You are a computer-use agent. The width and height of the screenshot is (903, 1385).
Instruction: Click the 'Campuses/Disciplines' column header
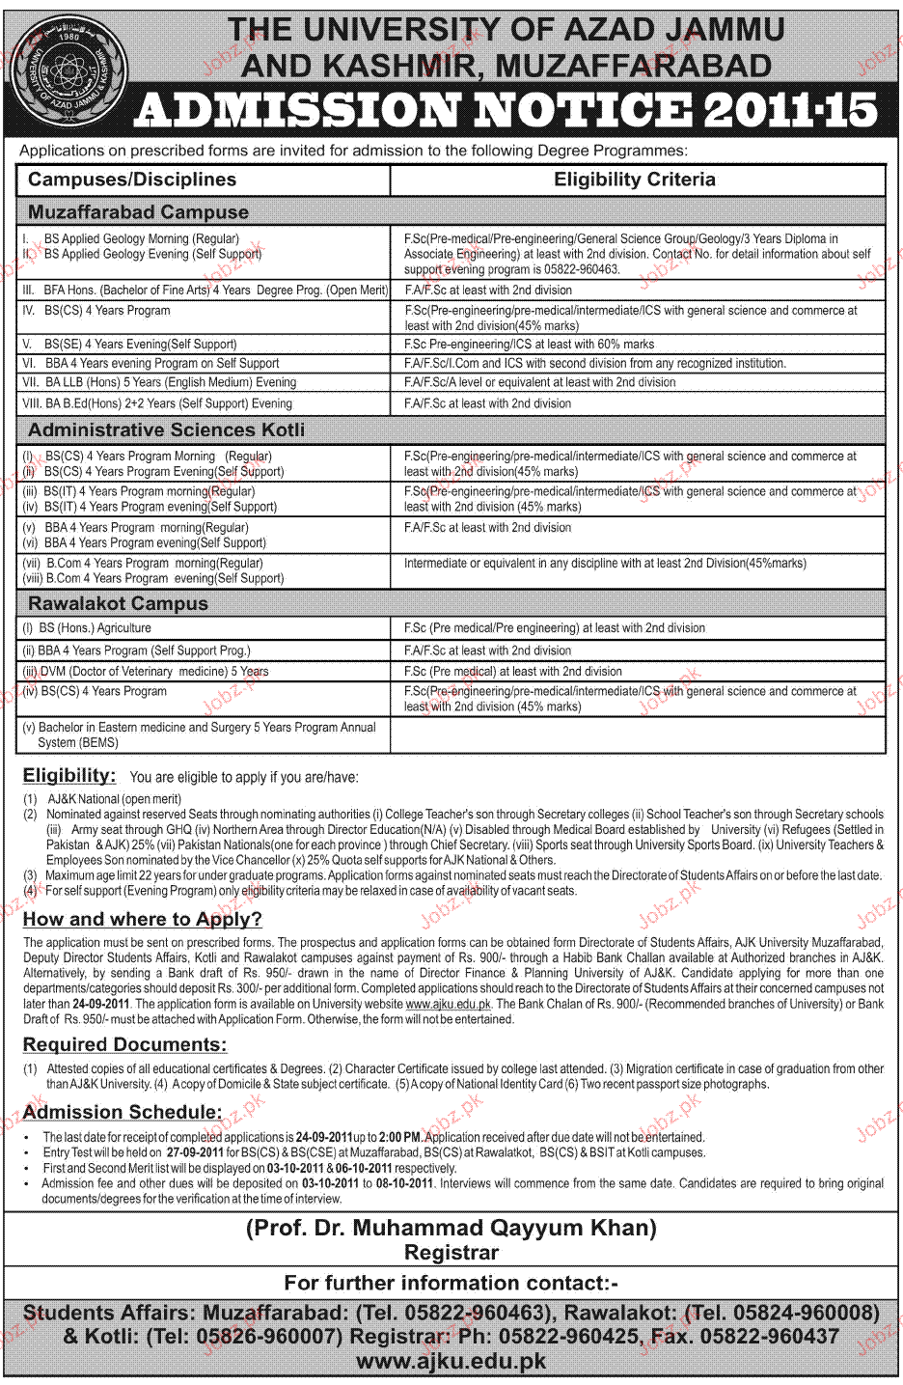[132, 180]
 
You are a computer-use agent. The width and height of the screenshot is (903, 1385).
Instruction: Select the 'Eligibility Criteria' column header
[634, 180]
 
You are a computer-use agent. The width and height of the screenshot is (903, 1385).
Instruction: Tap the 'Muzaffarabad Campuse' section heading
[138, 212]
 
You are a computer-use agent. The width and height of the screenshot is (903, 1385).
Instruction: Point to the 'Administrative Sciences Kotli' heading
[166, 429]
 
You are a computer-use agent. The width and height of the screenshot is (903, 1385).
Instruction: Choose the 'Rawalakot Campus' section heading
[118, 604]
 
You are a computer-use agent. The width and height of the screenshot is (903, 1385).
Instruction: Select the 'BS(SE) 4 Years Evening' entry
[140, 344]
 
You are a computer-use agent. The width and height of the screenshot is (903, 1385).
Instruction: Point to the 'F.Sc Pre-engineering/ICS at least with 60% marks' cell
[529, 344]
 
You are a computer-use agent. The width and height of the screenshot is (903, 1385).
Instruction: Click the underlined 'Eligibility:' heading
[69, 775]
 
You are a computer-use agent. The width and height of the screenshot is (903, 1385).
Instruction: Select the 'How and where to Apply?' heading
[143, 919]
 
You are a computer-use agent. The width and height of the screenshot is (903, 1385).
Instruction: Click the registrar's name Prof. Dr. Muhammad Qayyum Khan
[451, 1228]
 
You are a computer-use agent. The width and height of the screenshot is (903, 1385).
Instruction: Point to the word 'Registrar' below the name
[451, 1253]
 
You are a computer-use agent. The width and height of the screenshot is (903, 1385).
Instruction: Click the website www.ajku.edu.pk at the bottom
[451, 1362]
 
